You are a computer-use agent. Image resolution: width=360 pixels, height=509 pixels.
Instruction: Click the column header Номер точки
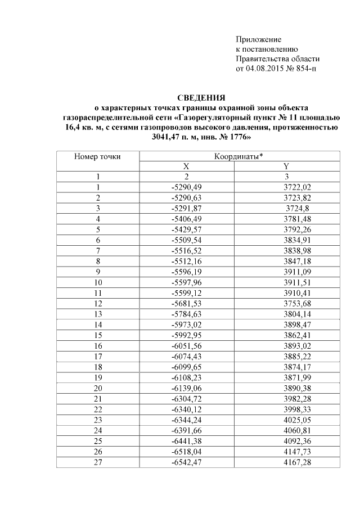point(98,156)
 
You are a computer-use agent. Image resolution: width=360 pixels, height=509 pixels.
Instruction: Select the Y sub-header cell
point(287,166)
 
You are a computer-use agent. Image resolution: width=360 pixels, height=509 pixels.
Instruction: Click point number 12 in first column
point(98,301)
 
